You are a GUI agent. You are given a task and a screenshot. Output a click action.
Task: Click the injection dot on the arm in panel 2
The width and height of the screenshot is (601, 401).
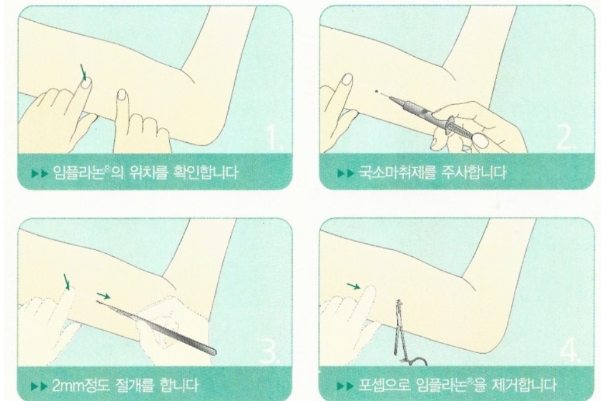[x=376, y=92]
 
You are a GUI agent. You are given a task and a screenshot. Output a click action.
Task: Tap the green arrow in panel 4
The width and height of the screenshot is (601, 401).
[x=353, y=286]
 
